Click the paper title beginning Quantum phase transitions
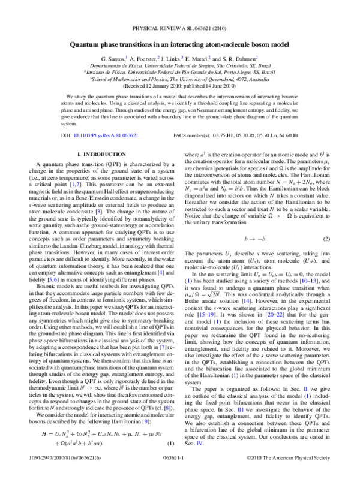(x=179, y=44)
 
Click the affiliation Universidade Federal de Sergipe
(x=179, y=65)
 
